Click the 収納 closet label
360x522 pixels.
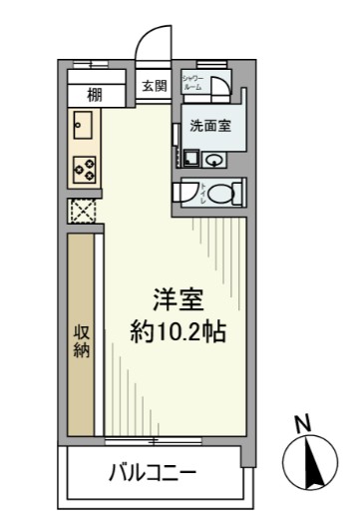(82, 339)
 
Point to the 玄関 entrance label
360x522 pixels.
(154, 86)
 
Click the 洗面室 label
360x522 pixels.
(211, 127)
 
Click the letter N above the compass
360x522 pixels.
(303, 423)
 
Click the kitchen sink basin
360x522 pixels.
(82, 127)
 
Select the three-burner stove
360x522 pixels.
(83, 170)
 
